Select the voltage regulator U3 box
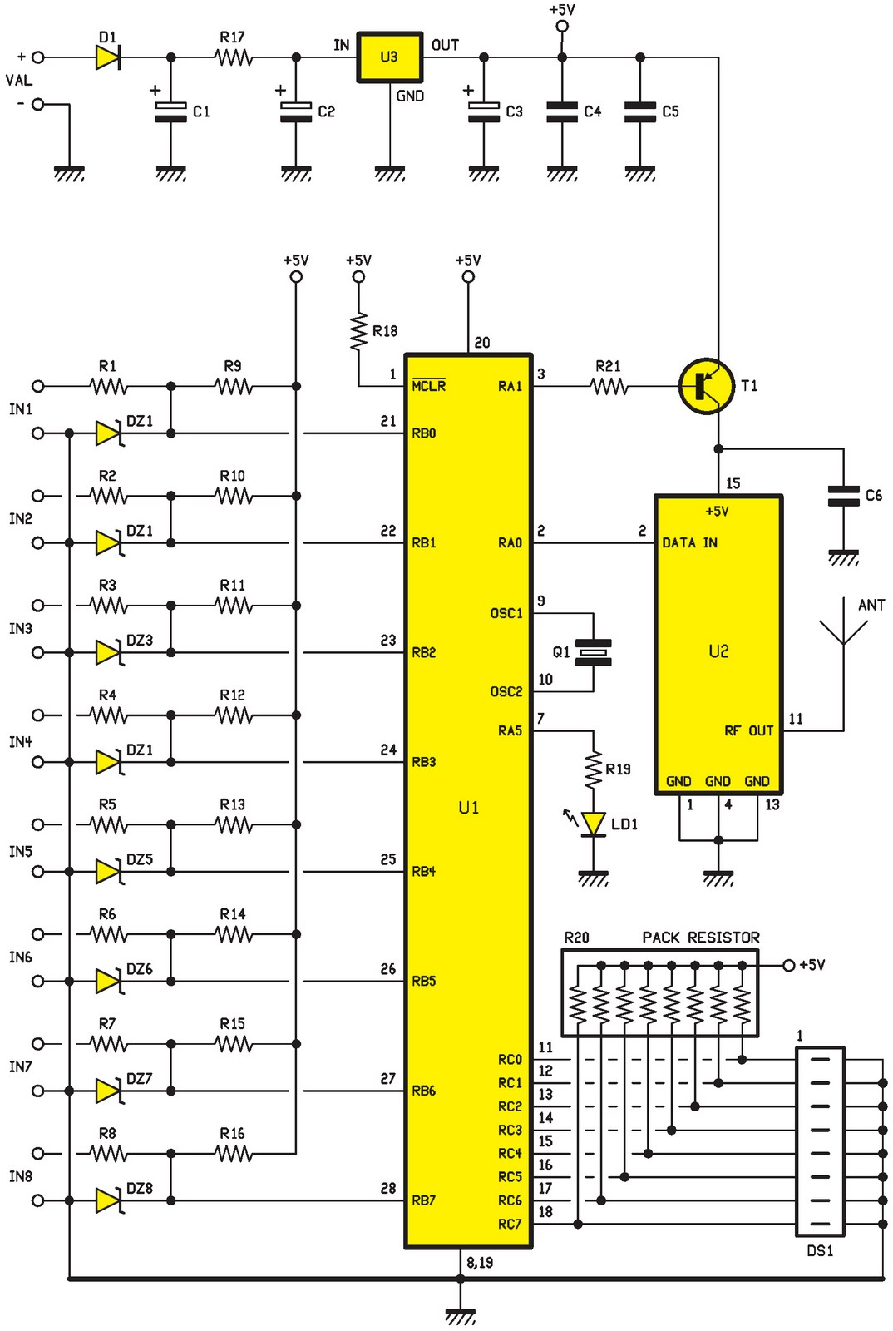tap(389, 57)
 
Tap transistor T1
tap(707, 386)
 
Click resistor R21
tap(609, 386)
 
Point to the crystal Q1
tap(594, 652)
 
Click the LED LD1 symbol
tap(593, 824)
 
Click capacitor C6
tap(843, 497)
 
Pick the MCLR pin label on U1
tap(429, 386)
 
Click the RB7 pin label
tap(424, 1200)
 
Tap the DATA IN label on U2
tap(689, 543)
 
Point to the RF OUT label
tap(748, 730)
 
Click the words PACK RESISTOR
tap(700, 938)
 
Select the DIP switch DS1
tap(820, 1141)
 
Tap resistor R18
tap(358, 331)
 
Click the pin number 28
tap(388, 1189)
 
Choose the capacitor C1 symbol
tap(171, 112)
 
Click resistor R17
tap(234, 57)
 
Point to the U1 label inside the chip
tap(468, 808)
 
